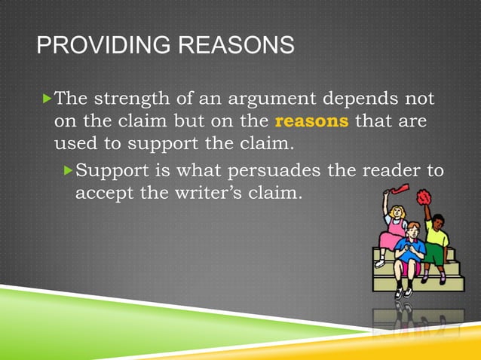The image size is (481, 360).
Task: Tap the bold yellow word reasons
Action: [x=311, y=121]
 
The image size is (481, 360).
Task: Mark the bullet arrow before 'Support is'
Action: [x=69, y=170]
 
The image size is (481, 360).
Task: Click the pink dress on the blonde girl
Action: [x=393, y=239]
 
